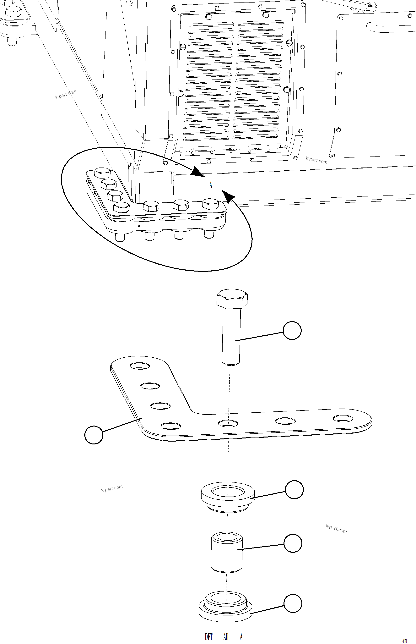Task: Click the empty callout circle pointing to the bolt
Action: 292,330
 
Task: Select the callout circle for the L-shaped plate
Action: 94,435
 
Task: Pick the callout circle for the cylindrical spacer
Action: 293,543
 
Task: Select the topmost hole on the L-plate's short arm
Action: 140,366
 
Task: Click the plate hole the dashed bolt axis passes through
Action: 228,423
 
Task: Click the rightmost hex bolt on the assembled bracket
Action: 210,204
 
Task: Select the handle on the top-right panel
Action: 389,26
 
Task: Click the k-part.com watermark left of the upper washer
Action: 112,488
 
